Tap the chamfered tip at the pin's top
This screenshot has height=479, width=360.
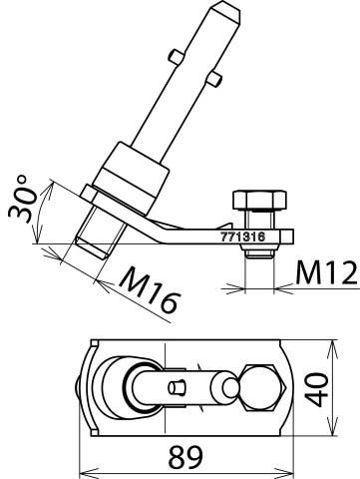[x=227, y=13]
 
